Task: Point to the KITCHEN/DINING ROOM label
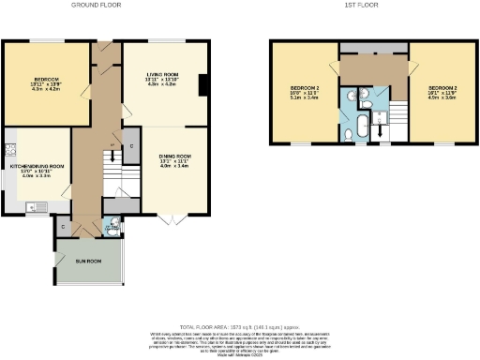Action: [37, 169]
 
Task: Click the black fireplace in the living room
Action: [202, 85]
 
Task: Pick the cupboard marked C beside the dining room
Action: [131, 146]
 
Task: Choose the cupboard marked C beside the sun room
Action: [63, 227]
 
